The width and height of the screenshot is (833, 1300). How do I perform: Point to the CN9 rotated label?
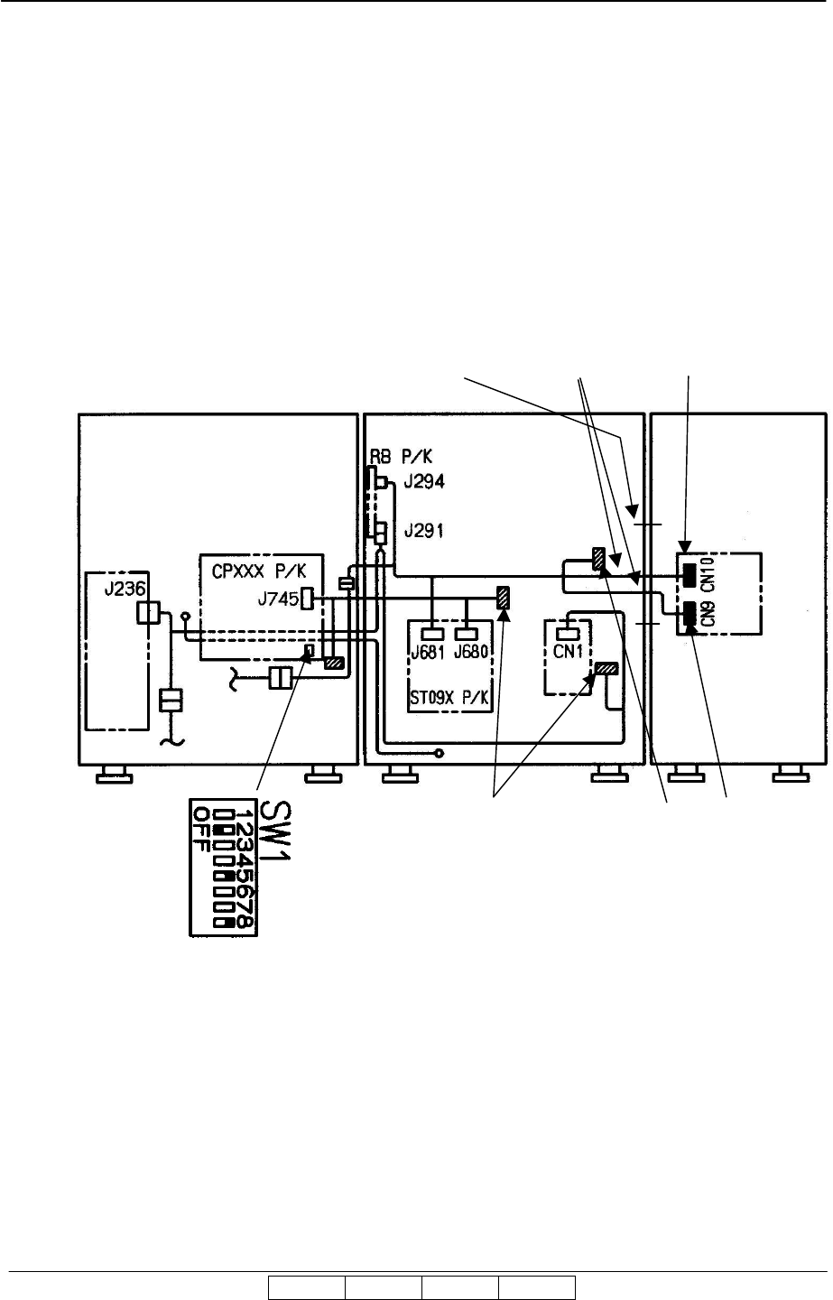coord(708,617)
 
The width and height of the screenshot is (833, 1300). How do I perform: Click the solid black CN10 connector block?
coord(690,574)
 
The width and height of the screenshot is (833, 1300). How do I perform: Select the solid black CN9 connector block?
coord(690,616)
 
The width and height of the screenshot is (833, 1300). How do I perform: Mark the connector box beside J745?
coord(307,598)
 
